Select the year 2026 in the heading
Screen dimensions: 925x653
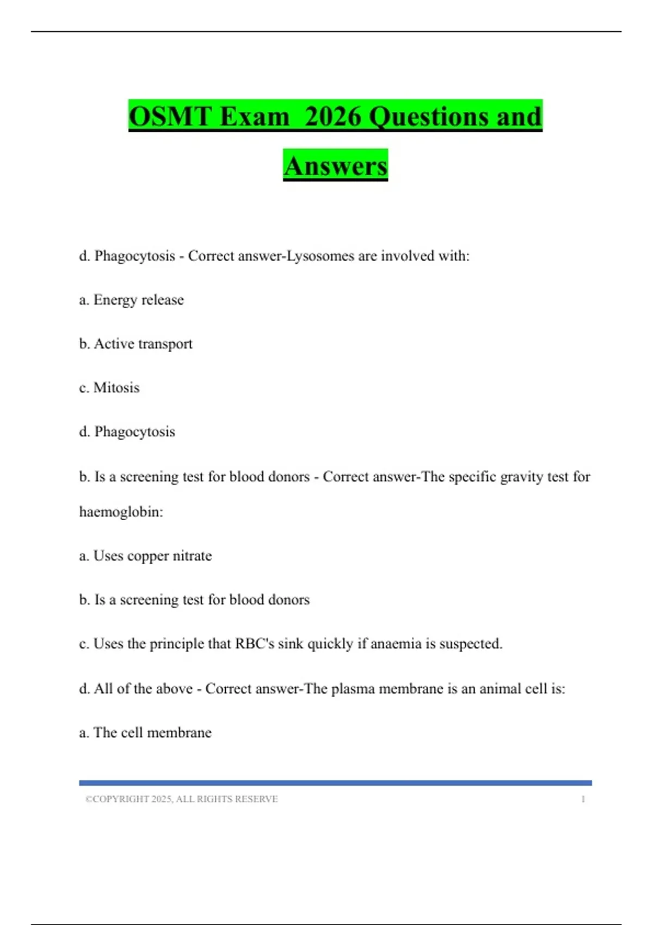[332, 116]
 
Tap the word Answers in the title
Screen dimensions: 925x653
[335, 166]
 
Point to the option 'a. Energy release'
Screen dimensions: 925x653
[132, 300]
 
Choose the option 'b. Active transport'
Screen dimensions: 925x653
[136, 344]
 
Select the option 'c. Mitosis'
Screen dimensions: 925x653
[109, 388]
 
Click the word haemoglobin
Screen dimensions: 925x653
[121, 512]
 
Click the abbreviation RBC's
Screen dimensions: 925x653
[255, 644]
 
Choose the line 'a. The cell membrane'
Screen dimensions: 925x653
[145, 733]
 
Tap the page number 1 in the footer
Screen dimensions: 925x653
[583, 799]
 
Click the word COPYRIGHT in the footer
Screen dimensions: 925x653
[121, 799]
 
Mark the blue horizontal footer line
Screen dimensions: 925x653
[335, 783]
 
